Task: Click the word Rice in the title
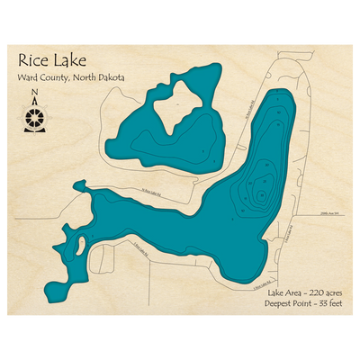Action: (x=32, y=61)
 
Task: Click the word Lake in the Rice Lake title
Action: (x=68, y=61)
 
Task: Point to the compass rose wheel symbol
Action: (x=34, y=116)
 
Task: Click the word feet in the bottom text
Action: (x=336, y=303)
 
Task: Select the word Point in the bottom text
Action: (x=308, y=303)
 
